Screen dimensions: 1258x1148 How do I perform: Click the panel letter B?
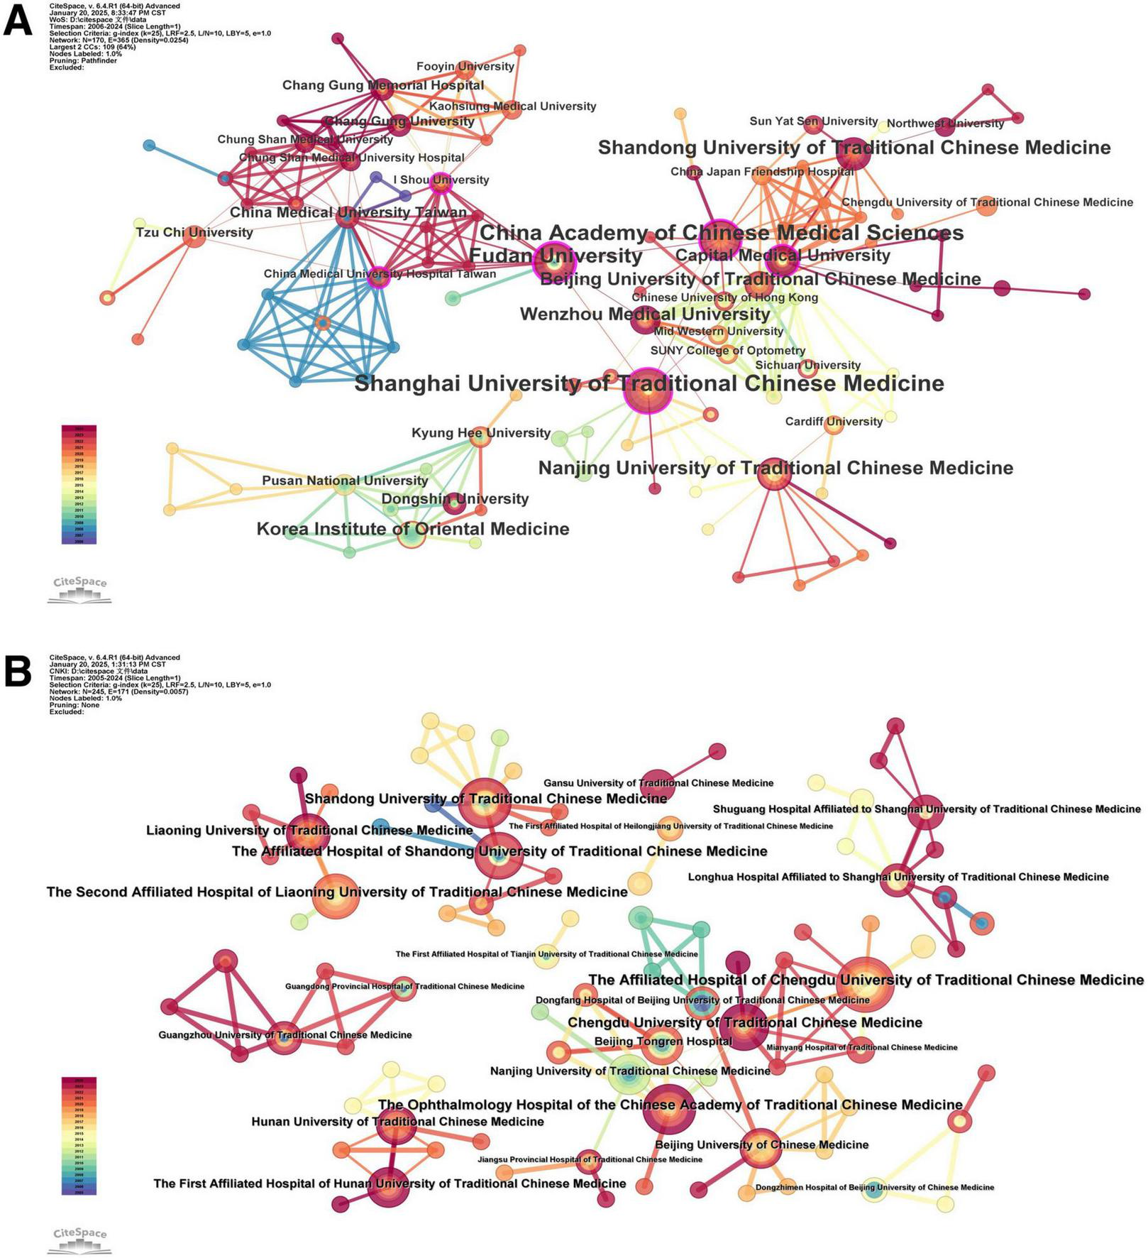tap(18, 671)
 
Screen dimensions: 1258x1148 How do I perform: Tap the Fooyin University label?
tap(465, 67)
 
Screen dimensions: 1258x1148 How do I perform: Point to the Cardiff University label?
tap(834, 422)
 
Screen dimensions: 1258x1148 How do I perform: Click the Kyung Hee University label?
tap(481, 433)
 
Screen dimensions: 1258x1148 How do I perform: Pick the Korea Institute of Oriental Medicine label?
tap(412, 529)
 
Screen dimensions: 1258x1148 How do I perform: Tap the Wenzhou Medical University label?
tap(644, 314)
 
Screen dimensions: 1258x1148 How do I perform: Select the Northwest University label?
tap(945, 124)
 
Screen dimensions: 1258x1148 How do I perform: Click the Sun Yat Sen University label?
tap(813, 121)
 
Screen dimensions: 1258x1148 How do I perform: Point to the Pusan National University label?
tap(345, 481)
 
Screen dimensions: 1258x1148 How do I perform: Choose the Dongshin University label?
tap(455, 499)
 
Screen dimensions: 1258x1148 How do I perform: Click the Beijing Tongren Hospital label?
tap(663, 1041)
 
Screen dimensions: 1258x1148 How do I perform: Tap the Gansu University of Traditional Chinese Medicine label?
tap(658, 783)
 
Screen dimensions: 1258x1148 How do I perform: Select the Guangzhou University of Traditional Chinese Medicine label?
tap(285, 1035)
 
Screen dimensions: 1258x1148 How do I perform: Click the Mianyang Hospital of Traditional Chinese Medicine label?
tap(861, 1047)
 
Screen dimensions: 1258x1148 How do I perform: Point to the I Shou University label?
tap(441, 180)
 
